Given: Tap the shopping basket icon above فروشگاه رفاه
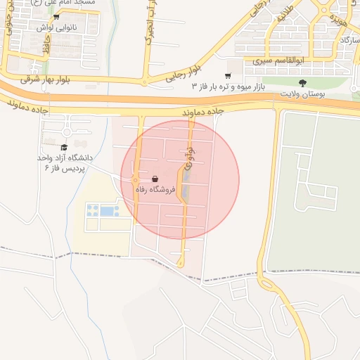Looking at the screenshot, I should [154, 179].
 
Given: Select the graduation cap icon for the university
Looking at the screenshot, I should [64, 148].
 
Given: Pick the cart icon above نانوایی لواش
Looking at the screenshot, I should [56, 17].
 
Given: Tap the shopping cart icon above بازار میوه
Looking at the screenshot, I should [227, 75].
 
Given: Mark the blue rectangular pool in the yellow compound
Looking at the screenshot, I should [106, 210].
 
